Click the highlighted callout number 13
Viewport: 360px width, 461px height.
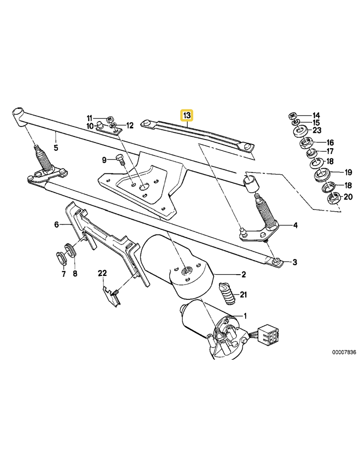pos(186,116)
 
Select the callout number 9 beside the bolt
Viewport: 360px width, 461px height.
pos(104,159)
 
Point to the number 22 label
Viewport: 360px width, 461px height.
pos(103,273)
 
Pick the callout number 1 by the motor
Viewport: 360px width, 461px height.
pos(245,315)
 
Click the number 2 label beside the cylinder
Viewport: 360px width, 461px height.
pos(243,274)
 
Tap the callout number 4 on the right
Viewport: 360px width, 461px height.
pos(295,225)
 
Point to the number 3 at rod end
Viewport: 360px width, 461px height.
pos(295,262)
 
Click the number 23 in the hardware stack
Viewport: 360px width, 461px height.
pos(317,131)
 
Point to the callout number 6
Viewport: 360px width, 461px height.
pos(57,224)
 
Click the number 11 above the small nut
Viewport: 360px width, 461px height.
pos(89,118)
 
